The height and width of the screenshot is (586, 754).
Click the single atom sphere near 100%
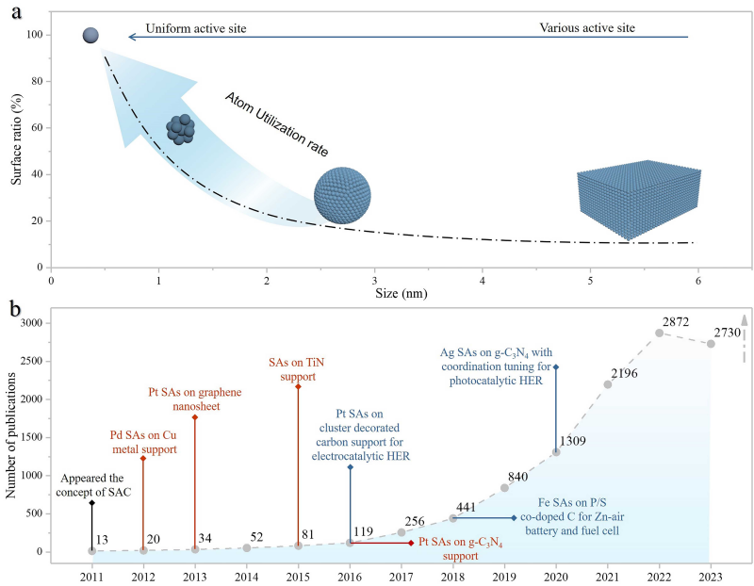click(90, 36)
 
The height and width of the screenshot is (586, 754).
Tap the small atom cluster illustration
click(180, 129)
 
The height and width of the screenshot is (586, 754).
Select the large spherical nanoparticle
click(343, 196)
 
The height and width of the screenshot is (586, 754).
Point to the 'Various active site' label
click(587, 28)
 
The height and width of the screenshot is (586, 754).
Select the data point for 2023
click(711, 344)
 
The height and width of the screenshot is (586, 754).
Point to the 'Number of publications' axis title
click(11, 434)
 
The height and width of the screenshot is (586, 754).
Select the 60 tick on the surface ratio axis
click(37, 128)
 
